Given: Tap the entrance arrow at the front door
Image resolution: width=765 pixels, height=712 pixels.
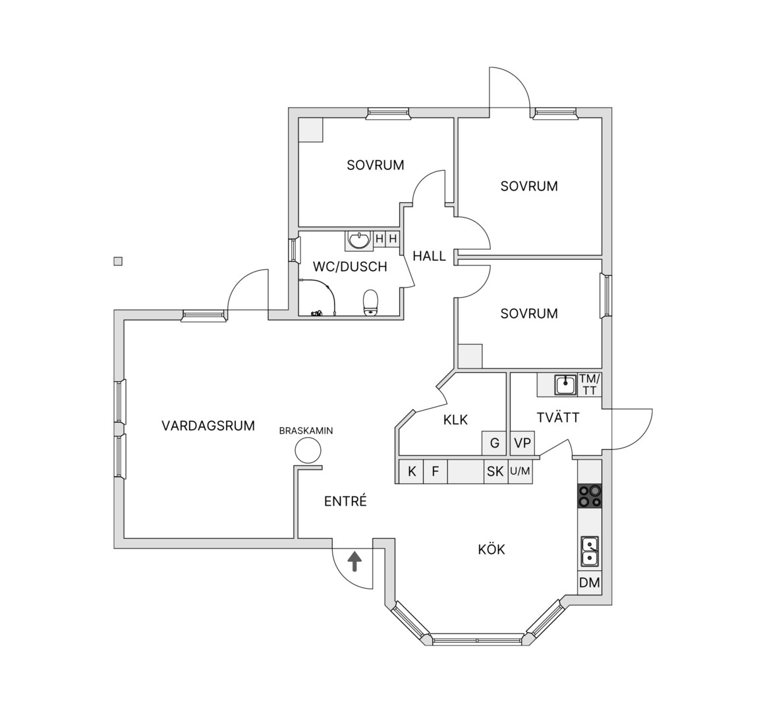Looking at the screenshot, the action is pyautogui.click(x=354, y=562).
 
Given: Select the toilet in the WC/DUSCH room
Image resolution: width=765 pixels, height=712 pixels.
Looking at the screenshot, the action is pyautogui.click(x=371, y=303).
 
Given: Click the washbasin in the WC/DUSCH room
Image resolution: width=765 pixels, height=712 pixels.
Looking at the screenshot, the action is pyautogui.click(x=359, y=240).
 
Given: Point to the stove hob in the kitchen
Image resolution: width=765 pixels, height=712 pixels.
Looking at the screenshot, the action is pyautogui.click(x=590, y=496).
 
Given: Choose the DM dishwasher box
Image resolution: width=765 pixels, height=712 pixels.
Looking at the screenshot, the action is pyautogui.click(x=589, y=583).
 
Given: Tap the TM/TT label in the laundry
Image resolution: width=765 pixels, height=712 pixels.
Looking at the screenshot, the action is pyautogui.click(x=590, y=384).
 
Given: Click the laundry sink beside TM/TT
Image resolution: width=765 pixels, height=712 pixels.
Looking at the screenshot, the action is pyautogui.click(x=565, y=384).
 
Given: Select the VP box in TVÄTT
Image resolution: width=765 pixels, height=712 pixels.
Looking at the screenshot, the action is pyautogui.click(x=522, y=444).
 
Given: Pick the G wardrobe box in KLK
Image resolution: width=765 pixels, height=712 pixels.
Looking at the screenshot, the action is pyautogui.click(x=495, y=444).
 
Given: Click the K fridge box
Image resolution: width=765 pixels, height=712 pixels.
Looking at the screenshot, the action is pyautogui.click(x=412, y=471).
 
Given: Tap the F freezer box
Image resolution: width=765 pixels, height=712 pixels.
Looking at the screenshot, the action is pyautogui.click(x=436, y=471).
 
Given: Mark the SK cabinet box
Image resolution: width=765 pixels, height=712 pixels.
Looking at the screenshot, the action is pyautogui.click(x=496, y=471).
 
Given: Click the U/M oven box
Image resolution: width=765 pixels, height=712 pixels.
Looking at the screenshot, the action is pyautogui.click(x=520, y=471).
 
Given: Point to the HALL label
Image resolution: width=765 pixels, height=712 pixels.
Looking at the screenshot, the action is pyautogui.click(x=430, y=256).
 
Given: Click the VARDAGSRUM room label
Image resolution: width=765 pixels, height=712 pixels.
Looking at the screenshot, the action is pyautogui.click(x=208, y=426).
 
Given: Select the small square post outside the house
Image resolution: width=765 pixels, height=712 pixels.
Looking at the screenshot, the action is pyautogui.click(x=117, y=262).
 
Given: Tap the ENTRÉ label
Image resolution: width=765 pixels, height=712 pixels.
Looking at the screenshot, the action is pyautogui.click(x=345, y=501).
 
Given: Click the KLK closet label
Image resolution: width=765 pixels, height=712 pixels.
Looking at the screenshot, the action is pyautogui.click(x=456, y=420).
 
